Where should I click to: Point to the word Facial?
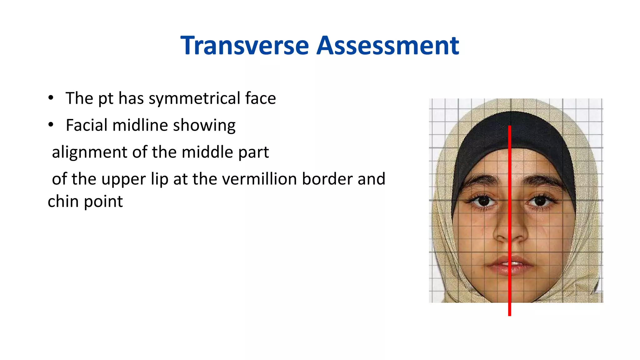tap(86, 125)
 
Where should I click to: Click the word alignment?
tap(89, 152)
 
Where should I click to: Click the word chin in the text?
tap(63, 202)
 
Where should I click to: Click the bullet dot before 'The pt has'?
tap(51, 98)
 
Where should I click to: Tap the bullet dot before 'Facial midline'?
tap(51, 125)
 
